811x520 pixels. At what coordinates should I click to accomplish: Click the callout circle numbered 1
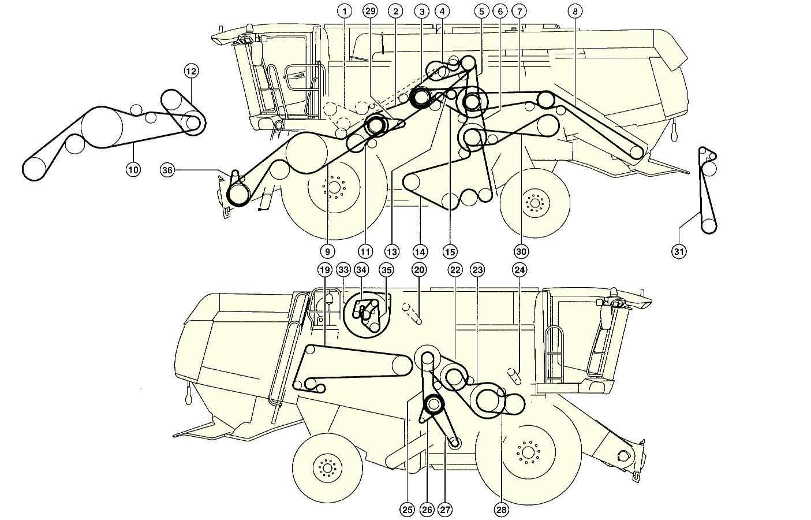345,11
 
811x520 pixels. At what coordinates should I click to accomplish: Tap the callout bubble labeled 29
370,11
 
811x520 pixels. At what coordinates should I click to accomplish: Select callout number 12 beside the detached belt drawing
192,72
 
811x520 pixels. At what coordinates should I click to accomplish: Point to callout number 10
133,169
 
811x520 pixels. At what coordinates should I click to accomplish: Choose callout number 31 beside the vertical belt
679,251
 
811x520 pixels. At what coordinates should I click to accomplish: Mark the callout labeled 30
521,251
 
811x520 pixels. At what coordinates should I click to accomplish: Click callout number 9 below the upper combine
327,251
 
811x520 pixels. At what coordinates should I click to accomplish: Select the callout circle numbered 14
420,251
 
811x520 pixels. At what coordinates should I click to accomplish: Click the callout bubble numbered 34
362,269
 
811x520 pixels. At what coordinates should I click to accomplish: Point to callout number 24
520,269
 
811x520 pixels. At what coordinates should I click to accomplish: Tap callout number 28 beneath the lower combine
501,509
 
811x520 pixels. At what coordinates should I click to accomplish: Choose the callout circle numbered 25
408,509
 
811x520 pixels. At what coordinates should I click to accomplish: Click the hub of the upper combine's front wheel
334,188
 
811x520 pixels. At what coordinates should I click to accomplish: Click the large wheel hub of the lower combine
526,451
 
